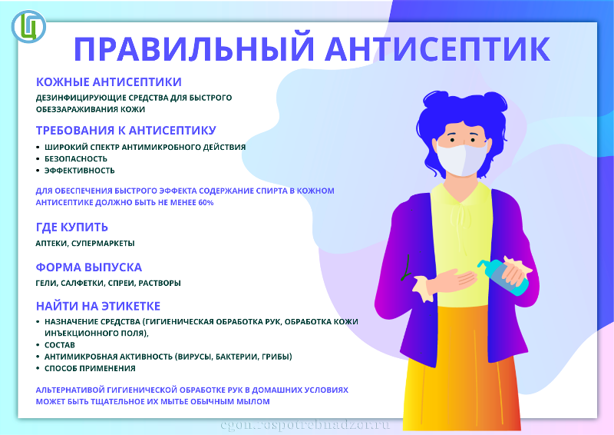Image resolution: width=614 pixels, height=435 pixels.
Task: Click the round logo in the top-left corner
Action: (28, 26)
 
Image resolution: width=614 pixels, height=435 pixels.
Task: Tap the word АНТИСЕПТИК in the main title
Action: (437, 48)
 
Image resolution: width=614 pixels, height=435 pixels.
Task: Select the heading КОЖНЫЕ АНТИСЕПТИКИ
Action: (108, 82)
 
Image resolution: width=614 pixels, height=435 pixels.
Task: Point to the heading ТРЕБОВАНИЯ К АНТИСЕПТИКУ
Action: (126, 130)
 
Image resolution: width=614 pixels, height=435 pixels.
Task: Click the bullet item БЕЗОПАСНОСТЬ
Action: (75, 159)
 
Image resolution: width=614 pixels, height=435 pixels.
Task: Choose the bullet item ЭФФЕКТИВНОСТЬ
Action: (80, 171)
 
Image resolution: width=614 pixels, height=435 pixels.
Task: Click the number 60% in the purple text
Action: (206, 203)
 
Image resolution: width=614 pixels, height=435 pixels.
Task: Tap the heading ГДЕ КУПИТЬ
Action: (71, 227)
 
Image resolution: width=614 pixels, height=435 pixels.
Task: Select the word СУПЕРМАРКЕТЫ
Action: (103, 243)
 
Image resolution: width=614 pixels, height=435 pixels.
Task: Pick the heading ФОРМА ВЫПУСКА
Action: (88, 267)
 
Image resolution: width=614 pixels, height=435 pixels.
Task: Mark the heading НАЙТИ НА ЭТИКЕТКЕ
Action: (98, 306)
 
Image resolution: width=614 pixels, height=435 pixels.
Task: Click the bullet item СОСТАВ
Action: (60, 345)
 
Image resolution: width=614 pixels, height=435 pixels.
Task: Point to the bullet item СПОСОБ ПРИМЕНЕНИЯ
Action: (90, 369)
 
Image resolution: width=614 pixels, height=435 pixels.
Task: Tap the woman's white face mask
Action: (462, 159)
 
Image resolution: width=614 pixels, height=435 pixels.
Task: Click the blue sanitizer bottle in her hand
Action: (503, 277)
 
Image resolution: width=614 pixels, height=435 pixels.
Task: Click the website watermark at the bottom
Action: (305, 425)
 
